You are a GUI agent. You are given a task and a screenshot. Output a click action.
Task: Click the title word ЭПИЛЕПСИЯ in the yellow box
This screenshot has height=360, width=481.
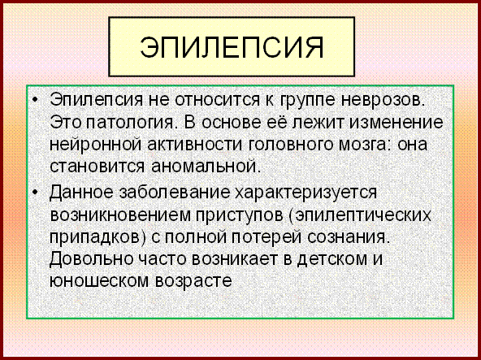click(232, 48)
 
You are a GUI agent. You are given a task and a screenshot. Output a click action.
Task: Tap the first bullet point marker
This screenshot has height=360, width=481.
click(36, 100)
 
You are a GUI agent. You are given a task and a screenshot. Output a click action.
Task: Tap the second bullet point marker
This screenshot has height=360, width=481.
click(36, 193)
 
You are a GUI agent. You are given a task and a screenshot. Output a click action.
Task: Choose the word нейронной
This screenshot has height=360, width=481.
click(95, 144)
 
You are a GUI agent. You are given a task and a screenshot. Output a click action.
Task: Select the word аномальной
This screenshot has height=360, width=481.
click(206, 167)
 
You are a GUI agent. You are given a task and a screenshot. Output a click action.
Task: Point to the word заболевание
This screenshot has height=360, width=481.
click(174, 193)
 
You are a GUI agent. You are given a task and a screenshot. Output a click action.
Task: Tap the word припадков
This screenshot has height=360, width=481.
click(94, 238)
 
